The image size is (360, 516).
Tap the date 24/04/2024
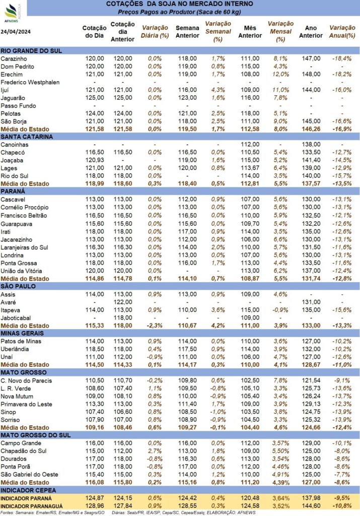point(16,32)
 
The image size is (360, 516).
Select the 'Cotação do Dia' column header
point(94,32)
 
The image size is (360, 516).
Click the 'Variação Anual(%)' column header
point(342,32)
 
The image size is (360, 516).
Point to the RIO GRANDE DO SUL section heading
point(31,51)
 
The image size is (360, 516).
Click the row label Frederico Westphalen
point(30,82)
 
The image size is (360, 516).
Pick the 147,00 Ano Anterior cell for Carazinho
point(311,58)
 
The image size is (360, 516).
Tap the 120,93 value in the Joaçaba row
point(95,160)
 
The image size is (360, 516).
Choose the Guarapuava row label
point(16,224)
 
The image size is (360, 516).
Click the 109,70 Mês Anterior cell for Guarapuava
point(250,224)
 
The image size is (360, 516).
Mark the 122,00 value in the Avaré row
point(123,302)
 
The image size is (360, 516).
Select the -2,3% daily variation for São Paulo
point(155,326)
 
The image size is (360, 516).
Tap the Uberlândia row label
point(15,349)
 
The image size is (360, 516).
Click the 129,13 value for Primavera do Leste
point(311,404)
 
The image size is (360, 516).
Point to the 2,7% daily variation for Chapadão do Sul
point(155,451)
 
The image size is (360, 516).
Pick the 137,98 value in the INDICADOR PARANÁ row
point(311,498)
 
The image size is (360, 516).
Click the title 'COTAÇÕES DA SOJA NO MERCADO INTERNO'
point(180,4)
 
